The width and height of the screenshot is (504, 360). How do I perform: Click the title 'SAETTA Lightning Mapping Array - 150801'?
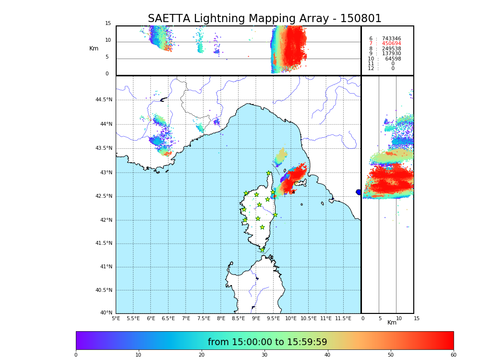tap(264, 19)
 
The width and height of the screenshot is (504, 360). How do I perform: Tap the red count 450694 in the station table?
tap(391, 44)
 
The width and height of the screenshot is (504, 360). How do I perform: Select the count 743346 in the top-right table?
tap(391, 39)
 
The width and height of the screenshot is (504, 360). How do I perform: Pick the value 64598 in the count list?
tap(393, 59)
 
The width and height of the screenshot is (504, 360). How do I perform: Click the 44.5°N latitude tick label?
tap(104, 100)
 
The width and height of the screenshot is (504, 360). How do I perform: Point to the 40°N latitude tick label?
tap(106, 313)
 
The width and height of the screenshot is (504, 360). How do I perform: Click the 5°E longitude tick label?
tap(116, 319)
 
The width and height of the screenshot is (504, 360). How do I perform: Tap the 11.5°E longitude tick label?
tap(343, 319)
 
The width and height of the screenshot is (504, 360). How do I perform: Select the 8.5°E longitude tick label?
tap(238, 319)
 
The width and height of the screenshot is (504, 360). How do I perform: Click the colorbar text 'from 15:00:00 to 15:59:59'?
tap(267, 342)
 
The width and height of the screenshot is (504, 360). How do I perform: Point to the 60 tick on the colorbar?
tap(453, 355)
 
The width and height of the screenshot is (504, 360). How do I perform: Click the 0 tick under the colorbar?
tap(76, 355)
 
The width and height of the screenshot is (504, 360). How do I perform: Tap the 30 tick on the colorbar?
tap(264, 355)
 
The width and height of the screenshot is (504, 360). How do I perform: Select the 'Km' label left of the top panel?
tap(94, 48)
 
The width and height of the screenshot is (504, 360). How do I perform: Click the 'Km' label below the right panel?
tap(392, 323)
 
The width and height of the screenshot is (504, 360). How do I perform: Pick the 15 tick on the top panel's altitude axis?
tap(108, 24)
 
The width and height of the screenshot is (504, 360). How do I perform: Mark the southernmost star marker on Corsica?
tap(262, 250)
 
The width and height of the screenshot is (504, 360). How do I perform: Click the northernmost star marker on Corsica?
tap(269, 173)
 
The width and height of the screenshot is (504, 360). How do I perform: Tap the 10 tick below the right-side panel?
tap(398, 319)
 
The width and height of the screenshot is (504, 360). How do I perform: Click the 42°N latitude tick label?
tap(106, 220)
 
